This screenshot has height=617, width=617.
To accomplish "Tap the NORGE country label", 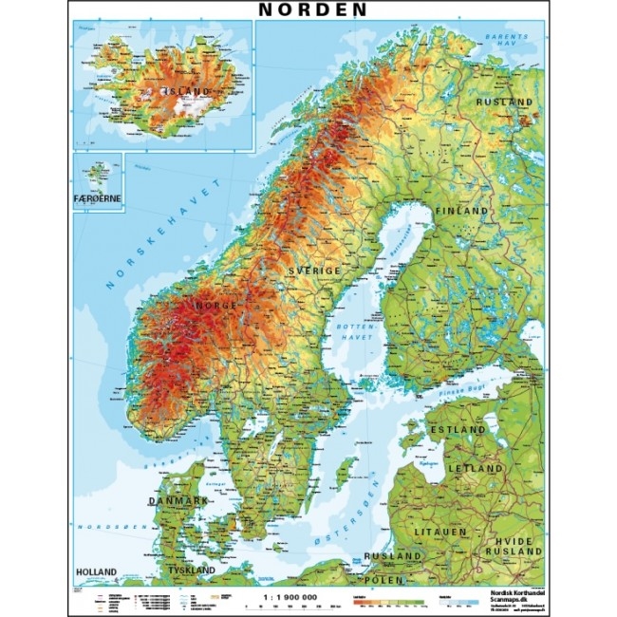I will point(214,306).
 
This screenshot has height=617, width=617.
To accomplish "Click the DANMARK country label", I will point(178,499).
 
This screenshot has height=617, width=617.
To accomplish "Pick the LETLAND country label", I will point(477,469).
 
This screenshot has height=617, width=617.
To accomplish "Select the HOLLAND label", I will point(97,570).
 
